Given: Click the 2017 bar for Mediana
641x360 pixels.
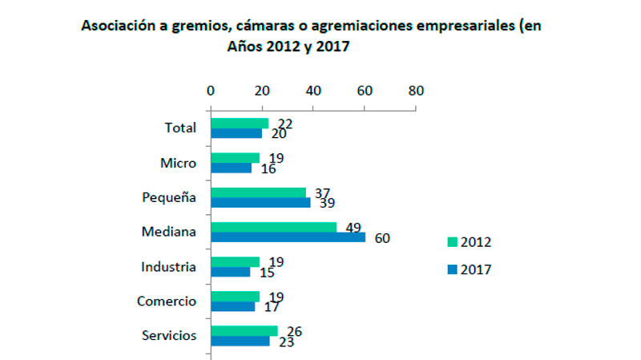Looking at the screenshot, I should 288,237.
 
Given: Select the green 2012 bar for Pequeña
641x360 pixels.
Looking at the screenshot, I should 258,192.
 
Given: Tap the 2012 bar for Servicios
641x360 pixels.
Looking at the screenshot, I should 244,330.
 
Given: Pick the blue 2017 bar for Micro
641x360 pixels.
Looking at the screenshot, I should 231,168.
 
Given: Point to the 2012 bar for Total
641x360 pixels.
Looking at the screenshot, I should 239,123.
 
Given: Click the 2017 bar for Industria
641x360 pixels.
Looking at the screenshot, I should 230,272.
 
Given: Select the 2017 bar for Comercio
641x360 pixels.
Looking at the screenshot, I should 232,306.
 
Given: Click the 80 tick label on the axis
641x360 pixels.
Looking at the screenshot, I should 415,91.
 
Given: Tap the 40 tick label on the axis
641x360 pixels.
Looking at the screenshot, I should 312,91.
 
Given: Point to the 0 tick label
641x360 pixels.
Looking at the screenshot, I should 210,91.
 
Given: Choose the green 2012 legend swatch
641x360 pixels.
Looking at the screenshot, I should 453,241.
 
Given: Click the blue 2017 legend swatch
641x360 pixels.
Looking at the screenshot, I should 453,269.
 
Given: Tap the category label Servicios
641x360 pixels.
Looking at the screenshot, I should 168,335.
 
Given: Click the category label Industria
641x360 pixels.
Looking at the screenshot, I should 168,266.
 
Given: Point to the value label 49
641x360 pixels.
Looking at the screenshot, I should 353,227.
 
